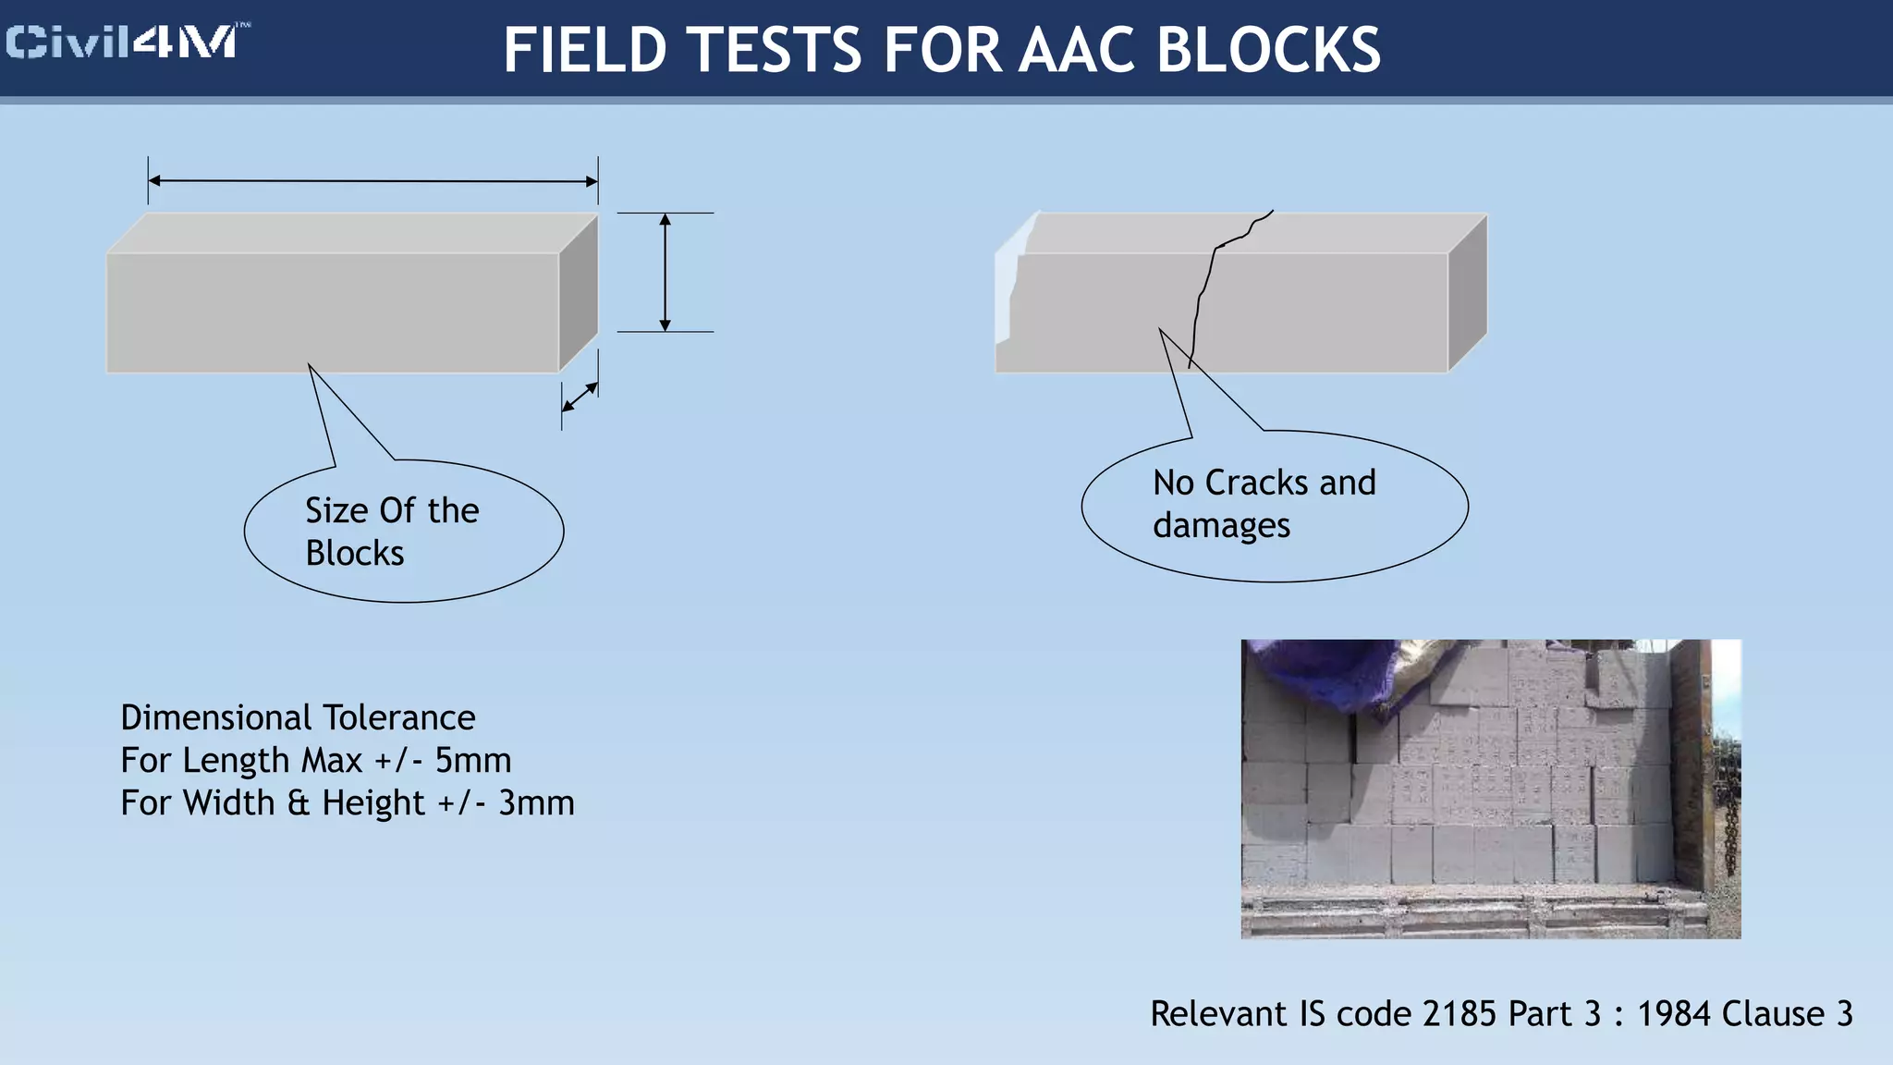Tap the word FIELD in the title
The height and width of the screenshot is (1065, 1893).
[x=584, y=50]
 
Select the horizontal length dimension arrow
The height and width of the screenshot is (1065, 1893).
[x=372, y=181]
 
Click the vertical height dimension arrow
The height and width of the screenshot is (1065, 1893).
[x=665, y=272]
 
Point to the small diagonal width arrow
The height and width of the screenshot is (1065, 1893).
[x=580, y=398]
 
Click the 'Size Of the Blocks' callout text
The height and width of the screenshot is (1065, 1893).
[x=392, y=532]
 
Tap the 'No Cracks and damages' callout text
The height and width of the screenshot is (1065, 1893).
[x=1264, y=504]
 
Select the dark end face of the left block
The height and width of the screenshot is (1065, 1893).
[x=579, y=291]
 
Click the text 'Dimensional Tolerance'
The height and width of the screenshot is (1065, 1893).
[x=298, y=718]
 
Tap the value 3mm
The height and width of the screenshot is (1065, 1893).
[x=536, y=803]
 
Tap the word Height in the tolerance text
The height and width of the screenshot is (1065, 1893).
[x=372, y=803]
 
